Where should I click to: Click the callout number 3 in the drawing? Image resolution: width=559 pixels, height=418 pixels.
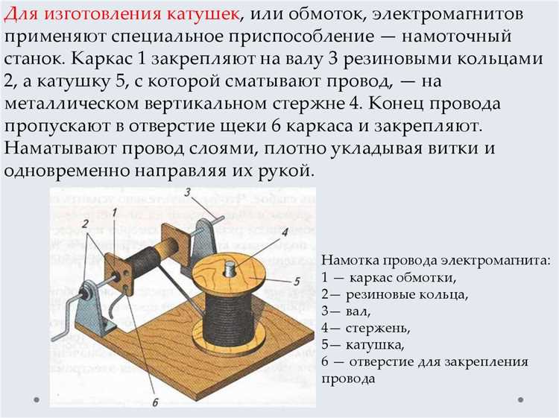pyautogui.click(x=189, y=192)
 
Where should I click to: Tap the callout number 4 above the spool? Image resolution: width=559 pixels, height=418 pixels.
pyautogui.click(x=284, y=232)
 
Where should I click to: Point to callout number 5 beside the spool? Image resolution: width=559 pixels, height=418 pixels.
pyautogui.click(x=297, y=282)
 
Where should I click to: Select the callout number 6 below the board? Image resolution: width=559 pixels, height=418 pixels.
pyautogui.click(x=156, y=402)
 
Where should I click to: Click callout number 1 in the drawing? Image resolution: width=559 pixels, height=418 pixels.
pyautogui.click(x=115, y=212)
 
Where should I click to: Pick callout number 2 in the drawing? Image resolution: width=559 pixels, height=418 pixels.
pyautogui.click(x=85, y=224)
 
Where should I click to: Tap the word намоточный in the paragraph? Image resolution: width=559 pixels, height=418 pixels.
pyautogui.click(x=457, y=37)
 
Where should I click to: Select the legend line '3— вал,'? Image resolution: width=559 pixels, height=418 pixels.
pyautogui.click(x=346, y=311)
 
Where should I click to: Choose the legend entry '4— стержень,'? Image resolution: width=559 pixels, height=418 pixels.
pyautogui.click(x=366, y=328)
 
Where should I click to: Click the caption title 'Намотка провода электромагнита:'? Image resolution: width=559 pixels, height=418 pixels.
pyautogui.click(x=436, y=260)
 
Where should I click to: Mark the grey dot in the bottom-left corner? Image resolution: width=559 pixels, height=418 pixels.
pyautogui.click(x=37, y=399)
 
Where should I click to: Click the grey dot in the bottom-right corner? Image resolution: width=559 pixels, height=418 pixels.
pyautogui.click(x=520, y=399)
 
